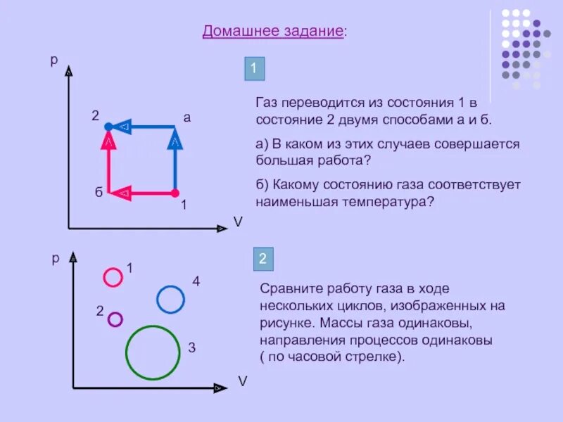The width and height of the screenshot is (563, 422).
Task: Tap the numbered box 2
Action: pyautogui.click(x=262, y=259)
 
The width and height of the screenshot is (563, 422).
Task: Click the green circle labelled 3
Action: pyautogui.click(x=152, y=352)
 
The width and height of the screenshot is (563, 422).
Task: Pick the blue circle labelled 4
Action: pyautogui.click(x=170, y=300)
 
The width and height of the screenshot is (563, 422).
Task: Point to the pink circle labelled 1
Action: pyautogui.click(x=113, y=277)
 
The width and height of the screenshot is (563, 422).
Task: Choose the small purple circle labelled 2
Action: pyautogui.click(x=115, y=319)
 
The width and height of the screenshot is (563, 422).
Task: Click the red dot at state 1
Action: pyautogui.click(x=175, y=192)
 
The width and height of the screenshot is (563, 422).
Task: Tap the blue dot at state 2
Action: pyautogui.click(x=108, y=127)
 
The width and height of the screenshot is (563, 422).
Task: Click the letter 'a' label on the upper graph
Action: pyautogui.click(x=187, y=117)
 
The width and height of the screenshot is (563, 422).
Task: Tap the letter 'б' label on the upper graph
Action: pyautogui.click(x=99, y=193)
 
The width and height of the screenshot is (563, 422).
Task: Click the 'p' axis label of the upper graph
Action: pyautogui.click(x=53, y=60)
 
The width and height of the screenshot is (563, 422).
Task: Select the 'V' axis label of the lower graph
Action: pyautogui.click(x=242, y=381)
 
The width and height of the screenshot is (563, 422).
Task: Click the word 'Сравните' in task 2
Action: pyautogui.click(x=288, y=289)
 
